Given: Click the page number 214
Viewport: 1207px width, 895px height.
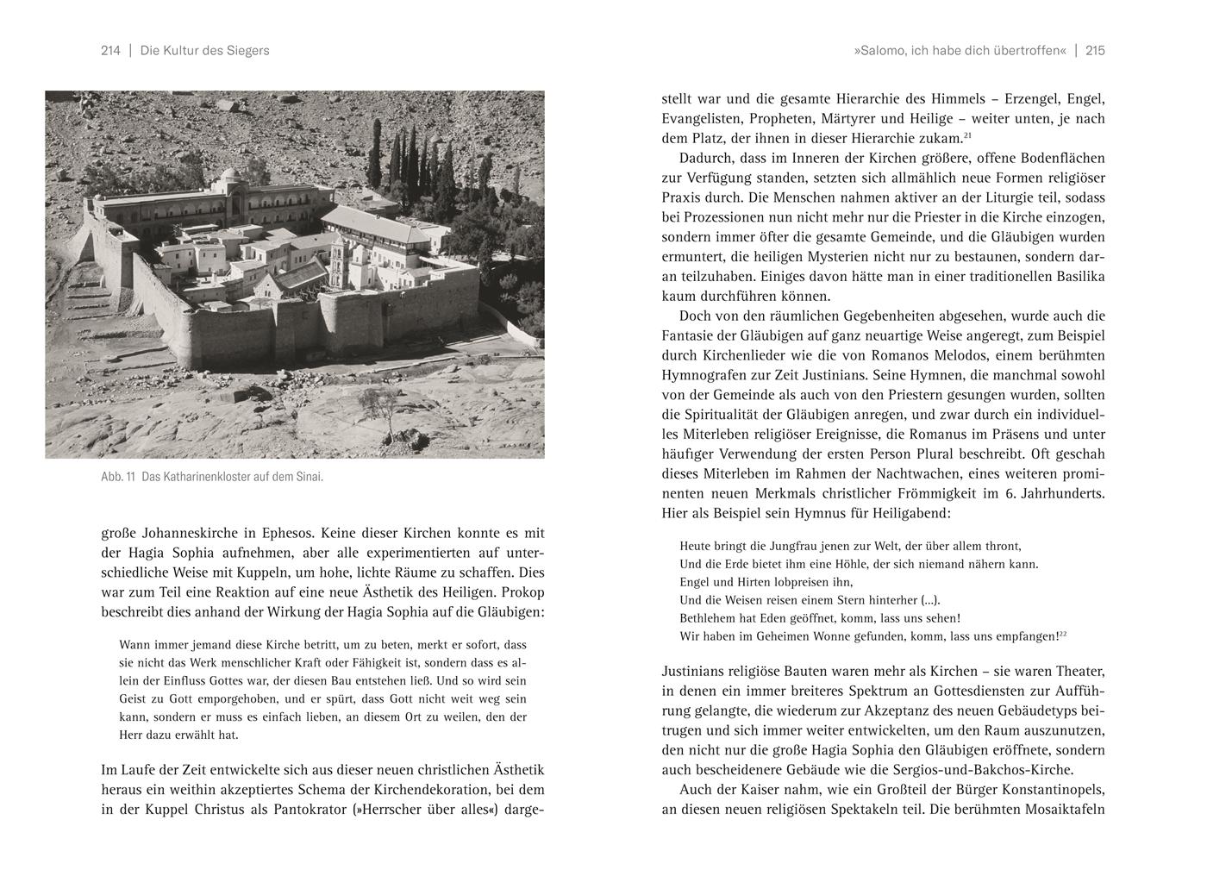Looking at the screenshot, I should coord(110,51).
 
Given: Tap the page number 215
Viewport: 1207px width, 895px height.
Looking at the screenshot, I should coord(1095,51).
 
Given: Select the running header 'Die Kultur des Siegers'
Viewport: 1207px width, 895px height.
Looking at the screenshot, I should coord(204,51).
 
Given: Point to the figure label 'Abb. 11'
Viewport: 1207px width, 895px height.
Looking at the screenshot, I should coord(119,477).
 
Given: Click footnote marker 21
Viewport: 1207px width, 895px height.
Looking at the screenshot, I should coord(968,135).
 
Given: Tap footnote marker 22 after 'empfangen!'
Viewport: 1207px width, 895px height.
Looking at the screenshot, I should coord(1063,634).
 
